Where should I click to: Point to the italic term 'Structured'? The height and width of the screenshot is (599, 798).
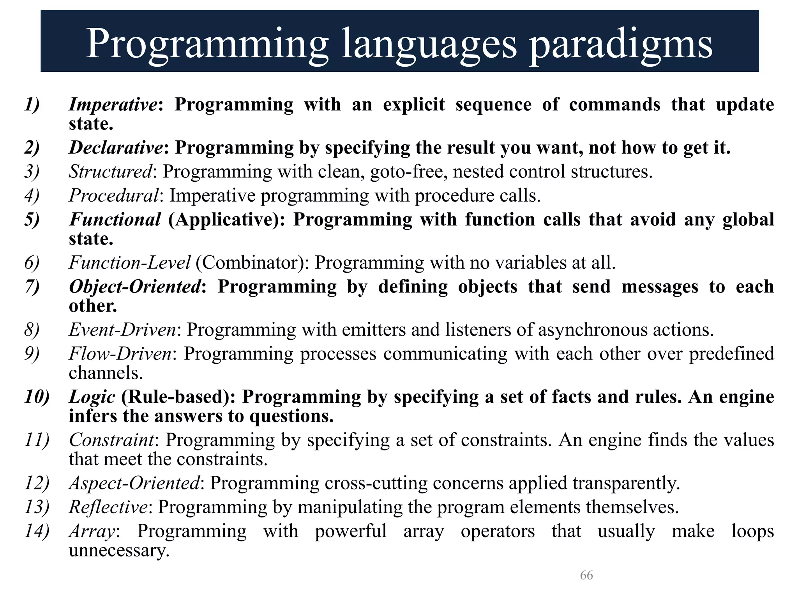(110, 172)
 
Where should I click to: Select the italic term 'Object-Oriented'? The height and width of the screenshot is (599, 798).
(135, 287)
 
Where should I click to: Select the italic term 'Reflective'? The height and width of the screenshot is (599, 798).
(108, 507)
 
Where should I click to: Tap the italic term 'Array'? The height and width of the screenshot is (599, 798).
(92, 531)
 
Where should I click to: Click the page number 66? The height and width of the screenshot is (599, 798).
(586, 575)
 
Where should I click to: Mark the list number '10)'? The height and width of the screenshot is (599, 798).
(37, 397)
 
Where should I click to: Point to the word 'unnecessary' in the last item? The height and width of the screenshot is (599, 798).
(118, 551)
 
